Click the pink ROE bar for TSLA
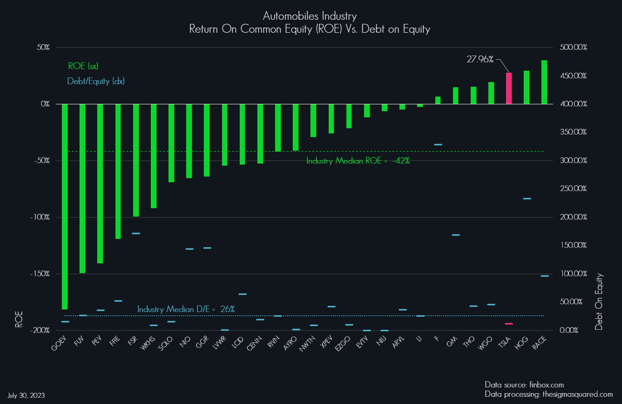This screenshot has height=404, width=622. click(x=509, y=88)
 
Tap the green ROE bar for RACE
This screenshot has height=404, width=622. click(x=545, y=82)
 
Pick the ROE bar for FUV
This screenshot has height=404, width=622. click(x=83, y=188)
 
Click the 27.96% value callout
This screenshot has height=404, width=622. click(x=480, y=59)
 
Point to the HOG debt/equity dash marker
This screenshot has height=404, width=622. click(x=527, y=198)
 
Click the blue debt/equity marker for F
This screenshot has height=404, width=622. click(x=438, y=145)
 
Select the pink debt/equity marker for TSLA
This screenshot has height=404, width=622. click(x=509, y=324)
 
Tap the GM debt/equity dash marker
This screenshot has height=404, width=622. click(x=456, y=235)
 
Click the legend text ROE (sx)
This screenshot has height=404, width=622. click(x=83, y=66)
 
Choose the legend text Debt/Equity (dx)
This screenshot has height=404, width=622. click(x=96, y=81)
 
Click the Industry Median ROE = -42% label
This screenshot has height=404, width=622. click(x=358, y=161)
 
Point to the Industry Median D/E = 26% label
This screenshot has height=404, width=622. click(x=186, y=309)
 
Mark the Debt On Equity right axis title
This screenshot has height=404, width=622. click(x=599, y=301)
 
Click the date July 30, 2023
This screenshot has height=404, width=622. click(x=26, y=395)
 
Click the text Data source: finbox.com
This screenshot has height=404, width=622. click(x=524, y=385)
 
